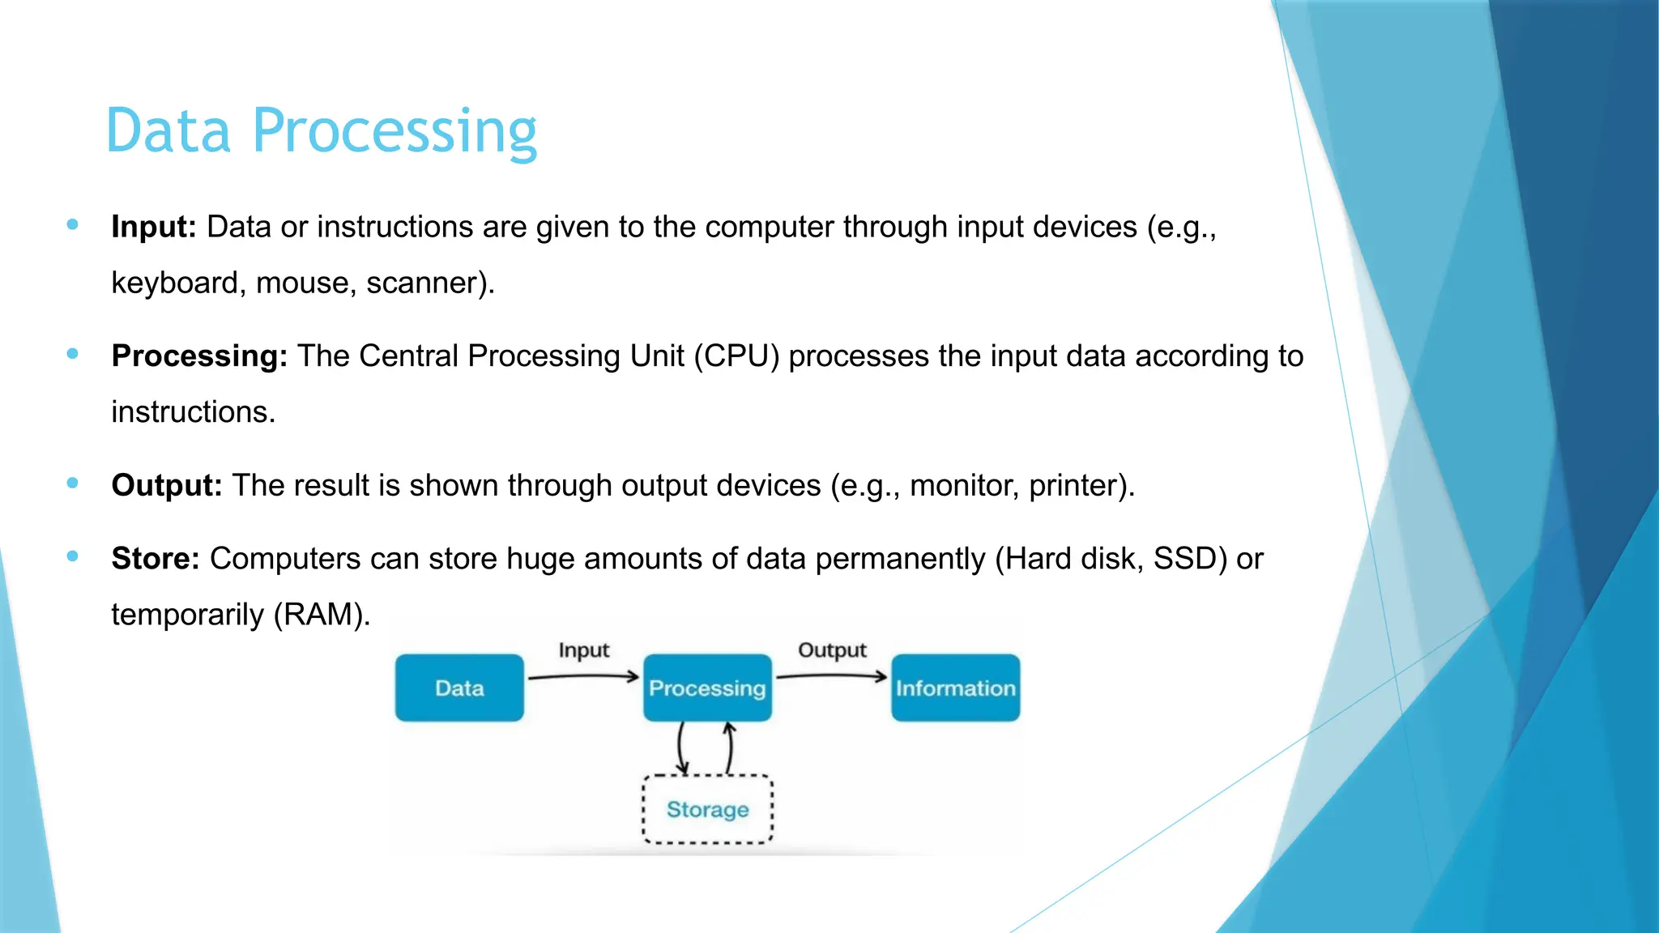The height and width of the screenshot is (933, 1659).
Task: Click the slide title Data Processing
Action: pos(321,131)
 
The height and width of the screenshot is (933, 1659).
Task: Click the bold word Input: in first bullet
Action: pos(154,227)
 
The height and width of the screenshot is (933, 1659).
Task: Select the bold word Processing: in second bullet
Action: pos(199,356)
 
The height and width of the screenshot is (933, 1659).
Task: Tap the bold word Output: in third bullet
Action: pos(166,485)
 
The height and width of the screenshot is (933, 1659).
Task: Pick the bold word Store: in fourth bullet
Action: pos(155,559)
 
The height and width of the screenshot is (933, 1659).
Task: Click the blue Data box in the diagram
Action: pos(459,688)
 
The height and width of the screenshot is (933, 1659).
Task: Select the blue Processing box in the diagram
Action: pos(707,688)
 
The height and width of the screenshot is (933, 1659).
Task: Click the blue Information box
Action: pos(955,688)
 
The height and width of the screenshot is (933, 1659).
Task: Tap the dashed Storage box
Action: pos(707,810)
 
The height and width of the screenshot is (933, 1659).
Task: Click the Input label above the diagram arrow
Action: pos(583,650)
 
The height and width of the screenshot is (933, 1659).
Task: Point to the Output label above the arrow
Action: pos(832,650)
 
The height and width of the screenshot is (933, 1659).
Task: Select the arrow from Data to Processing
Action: pos(583,676)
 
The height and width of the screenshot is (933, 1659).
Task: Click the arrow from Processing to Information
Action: pos(832,675)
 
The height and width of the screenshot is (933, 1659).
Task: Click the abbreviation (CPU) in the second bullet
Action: pos(736,356)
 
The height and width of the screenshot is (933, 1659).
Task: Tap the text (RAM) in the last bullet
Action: pos(322,615)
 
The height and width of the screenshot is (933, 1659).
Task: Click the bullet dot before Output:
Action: pos(73,484)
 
